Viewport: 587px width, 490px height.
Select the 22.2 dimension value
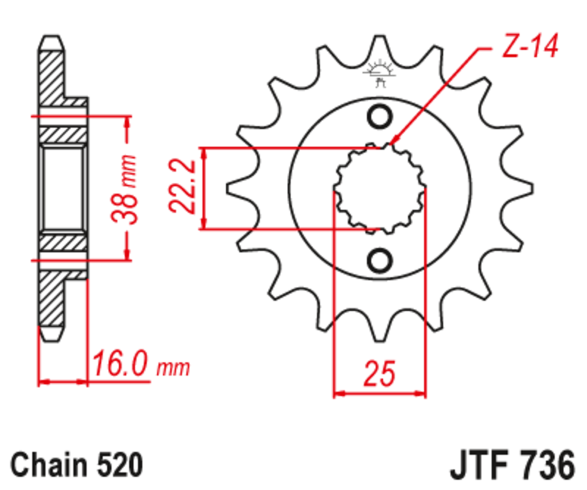pyautogui.click(x=184, y=189)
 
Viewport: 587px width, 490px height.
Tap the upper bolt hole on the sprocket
pyautogui.click(x=380, y=116)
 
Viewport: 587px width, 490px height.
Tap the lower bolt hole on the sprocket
pyautogui.click(x=380, y=260)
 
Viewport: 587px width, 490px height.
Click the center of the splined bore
pyautogui.click(x=380, y=188)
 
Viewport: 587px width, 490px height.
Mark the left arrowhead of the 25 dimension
pyautogui.click(x=338, y=394)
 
